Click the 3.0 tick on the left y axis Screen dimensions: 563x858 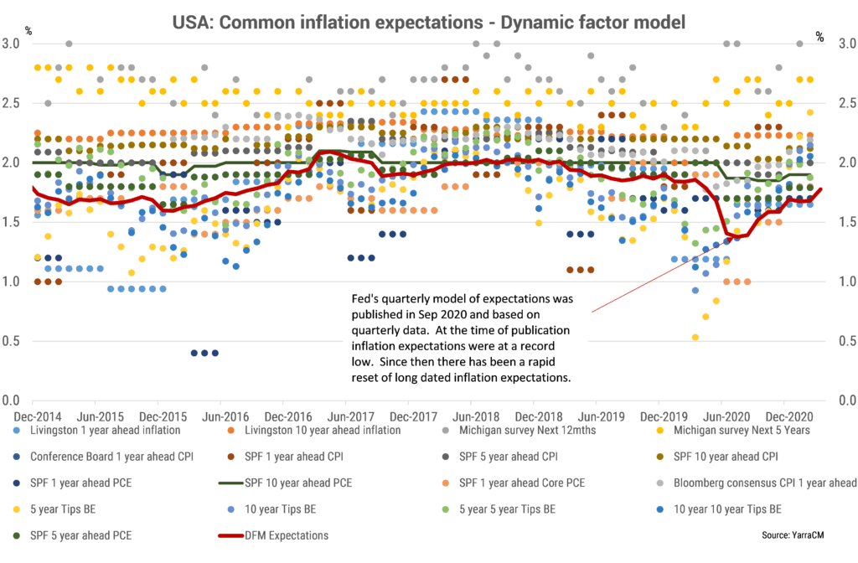(x=13, y=44)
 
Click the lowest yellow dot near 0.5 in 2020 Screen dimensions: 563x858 (x=695, y=338)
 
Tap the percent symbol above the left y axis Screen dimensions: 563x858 (x=28, y=32)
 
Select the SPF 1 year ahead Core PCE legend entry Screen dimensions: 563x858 (x=531, y=483)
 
